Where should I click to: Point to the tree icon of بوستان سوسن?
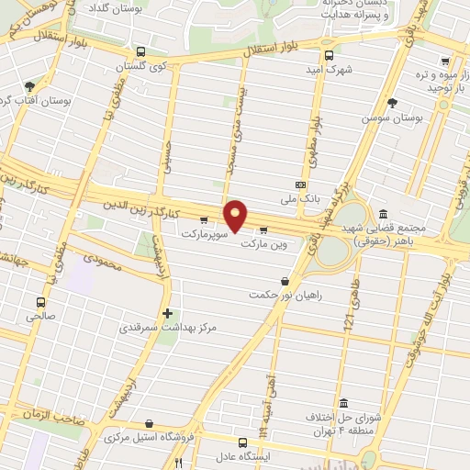pyautogui.click(x=393, y=102)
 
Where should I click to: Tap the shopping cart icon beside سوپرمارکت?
pyautogui.click(x=204, y=219)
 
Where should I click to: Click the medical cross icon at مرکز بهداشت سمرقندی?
pyautogui.click(x=166, y=312)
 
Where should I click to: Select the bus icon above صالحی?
pyautogui.click(x=40, y=301)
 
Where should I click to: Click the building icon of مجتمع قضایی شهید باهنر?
pyautogui.click(x=383, y=213)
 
